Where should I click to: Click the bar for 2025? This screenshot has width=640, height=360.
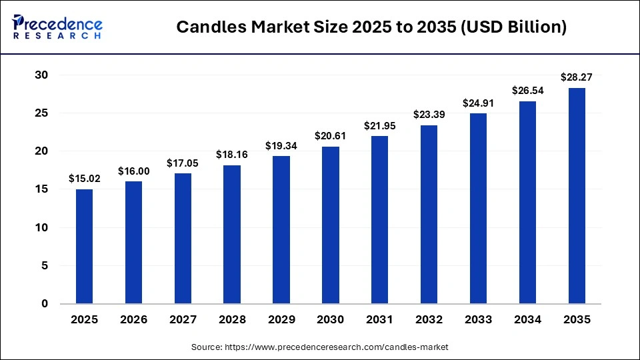[84, 246]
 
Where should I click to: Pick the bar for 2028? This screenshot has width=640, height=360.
[232, 234]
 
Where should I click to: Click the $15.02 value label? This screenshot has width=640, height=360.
[84, 179]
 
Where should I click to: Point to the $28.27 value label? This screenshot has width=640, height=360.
[577, 77]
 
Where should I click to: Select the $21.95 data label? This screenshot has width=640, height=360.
[380, 125]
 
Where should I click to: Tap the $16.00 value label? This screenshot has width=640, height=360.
[133, 171]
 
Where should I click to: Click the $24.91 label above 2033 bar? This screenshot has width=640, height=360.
[478, 103]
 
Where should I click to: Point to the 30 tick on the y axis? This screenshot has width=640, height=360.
[41, 75]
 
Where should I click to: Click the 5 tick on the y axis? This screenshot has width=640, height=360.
[45, 266]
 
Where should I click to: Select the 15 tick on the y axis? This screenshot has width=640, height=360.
[41, 189]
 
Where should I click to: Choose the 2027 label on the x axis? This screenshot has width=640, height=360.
[183, 320]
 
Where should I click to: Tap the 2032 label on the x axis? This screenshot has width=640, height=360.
[429, 320]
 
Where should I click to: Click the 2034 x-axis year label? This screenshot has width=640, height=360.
[527, 320]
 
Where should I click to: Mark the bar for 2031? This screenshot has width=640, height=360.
[380, 219]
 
